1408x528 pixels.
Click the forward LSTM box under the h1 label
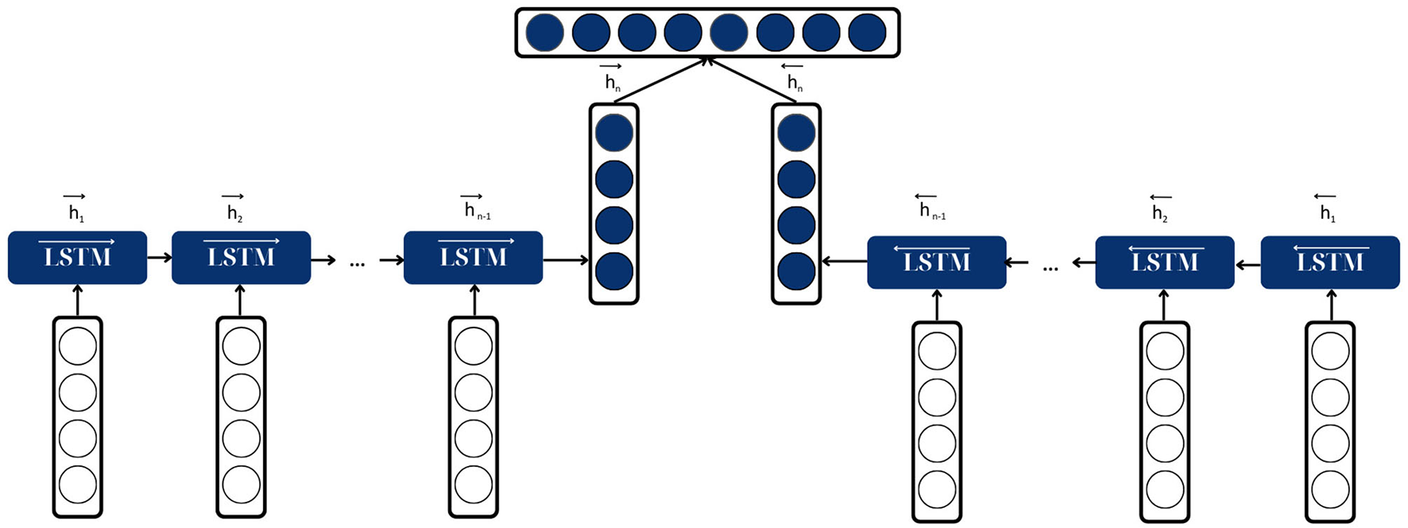(77, 258)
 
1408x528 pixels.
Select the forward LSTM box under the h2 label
(241, 258)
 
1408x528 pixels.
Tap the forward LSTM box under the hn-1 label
(473, 258)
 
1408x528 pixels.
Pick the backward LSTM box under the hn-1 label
(936, 262)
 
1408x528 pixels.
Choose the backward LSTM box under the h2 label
(1164, 262)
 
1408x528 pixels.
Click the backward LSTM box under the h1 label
(1329, 262)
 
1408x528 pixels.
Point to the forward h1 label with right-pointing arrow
(75, 209)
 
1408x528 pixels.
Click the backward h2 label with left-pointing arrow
(1160, 209)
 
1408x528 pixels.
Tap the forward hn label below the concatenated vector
(612, 79)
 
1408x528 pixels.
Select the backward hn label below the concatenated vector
(794, 79)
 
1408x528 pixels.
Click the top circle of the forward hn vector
(613, 133)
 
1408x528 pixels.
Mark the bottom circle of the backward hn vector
(796, 272)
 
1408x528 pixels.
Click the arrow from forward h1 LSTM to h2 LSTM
(159, 258)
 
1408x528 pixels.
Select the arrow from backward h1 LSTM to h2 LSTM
(1247, 262)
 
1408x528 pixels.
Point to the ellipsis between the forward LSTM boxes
(357, 262)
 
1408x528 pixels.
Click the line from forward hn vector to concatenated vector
(660, 80)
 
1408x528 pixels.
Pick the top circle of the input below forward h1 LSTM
(77, 347)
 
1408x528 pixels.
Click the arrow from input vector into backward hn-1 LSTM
(936, 305)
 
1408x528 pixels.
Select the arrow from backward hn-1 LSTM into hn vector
(844, 261)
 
